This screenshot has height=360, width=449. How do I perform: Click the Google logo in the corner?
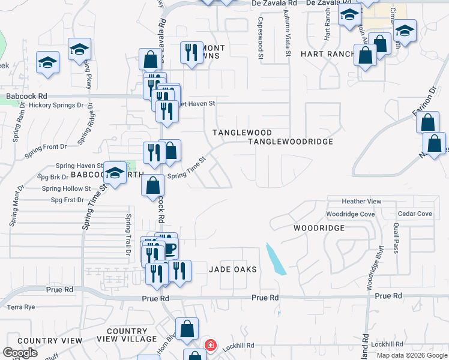pyautogui.click(x=20, y=353)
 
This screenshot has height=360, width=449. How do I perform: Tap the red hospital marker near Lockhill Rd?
pyautogui.click(x=210, y=345)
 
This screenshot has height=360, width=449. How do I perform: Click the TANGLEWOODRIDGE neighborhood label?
pyautogui.click(x=291, y=142)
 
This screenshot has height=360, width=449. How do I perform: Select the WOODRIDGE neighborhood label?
pyautogui.click(x=319, y=228)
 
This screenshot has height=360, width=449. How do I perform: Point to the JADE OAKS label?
pyautogui.click(x=233, y=269)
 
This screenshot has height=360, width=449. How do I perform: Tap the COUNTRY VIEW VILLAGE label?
pyautogui.click(x=131, y=335)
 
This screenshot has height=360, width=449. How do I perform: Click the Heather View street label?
pyautogui.click(x=361, y=202)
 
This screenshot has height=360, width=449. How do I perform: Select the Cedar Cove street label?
pyautogui.click(x=415, y=214)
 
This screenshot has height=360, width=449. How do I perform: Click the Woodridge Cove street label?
pyautogui.click(x=351, y=214)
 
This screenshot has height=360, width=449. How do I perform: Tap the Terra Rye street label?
pyautogui.click(x=22, y=307)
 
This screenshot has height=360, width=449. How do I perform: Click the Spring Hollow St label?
pyautogui.click(x=66, y=188)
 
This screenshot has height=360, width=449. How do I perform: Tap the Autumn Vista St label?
pyautogui.click(x=288, y=37)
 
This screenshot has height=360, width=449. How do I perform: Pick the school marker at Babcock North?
pyautogui.click(x=113, y=174)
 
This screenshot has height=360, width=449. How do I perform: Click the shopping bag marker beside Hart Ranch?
pyautogui.click(x=366, y=56)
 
